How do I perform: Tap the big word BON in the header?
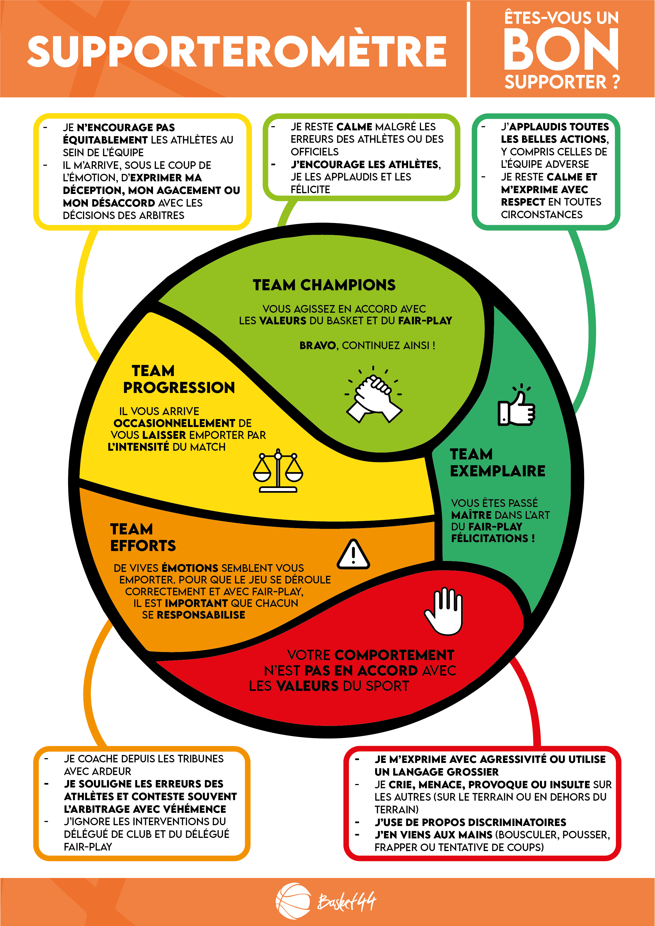561,50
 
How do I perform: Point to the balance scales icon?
278,471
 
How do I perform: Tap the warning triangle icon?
353,554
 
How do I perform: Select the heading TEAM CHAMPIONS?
324,285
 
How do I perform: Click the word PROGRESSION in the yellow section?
179,387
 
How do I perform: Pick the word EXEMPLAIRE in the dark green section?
498,471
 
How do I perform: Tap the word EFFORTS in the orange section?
143,545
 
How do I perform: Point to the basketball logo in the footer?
294,901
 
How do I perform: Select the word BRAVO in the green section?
317,345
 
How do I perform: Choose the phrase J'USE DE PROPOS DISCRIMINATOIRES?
470,822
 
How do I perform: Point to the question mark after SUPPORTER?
615,82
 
